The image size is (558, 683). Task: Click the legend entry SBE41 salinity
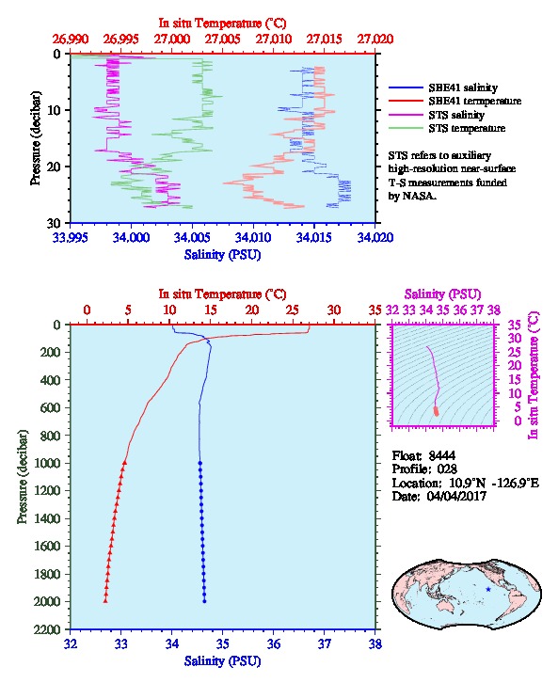coord(463,87)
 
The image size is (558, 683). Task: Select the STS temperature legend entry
coord(467,128)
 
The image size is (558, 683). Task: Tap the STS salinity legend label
coord(456,115)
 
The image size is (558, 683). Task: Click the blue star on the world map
coord(488,589)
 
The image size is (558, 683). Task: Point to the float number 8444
coord(441,455)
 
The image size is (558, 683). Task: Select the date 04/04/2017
coord(456,496)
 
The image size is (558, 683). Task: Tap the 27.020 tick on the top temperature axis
coord(375,40)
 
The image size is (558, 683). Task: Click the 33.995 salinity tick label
coord(71,238)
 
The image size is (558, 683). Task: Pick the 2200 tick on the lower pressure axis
coord(48,629)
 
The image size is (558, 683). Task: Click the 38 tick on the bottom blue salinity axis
coord(375,644)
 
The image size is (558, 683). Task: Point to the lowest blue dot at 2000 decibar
coord(204,601)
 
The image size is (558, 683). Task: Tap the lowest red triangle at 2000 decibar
coord(105,600)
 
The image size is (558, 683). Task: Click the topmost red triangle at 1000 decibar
coord(124,463)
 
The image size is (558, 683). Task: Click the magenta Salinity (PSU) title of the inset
coord(442,294)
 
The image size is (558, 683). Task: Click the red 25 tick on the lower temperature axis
coord(293,310)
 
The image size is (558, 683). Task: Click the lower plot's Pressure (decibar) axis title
coord(22,477)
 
